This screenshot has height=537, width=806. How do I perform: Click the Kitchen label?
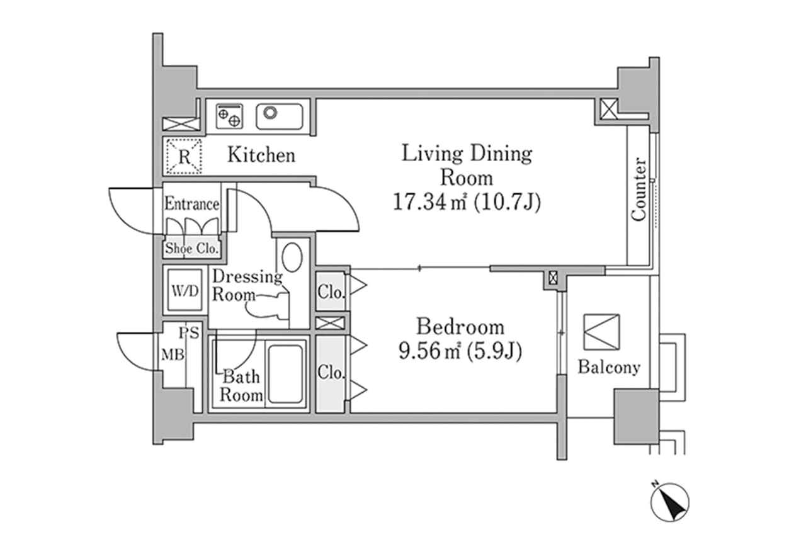[x=261, y=155]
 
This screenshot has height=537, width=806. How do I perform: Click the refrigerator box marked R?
[x=183, y=156]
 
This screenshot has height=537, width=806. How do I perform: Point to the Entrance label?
[x=191, y=204]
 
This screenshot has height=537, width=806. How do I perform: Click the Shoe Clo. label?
[x=191, y=249]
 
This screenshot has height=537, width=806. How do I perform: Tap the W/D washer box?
[x=185, y=291]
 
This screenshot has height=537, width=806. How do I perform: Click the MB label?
[x=173, y=355]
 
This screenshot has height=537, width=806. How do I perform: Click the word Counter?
[x=639, y=189]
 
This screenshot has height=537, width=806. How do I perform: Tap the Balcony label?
[x=609, y=367]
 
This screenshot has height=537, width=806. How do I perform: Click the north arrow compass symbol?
[x=670, y=501]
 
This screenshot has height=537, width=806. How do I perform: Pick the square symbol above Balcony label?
[x=601, y=332]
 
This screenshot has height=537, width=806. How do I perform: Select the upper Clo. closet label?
[x=331, y=293]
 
